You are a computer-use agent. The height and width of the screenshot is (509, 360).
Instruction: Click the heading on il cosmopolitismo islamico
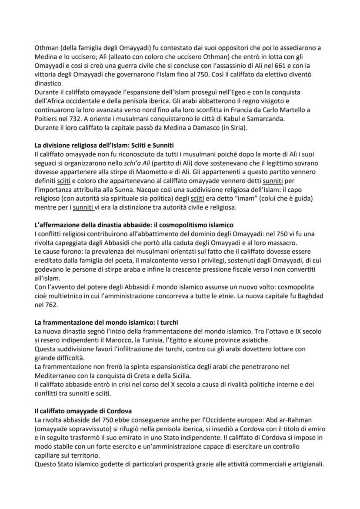coord(133,225)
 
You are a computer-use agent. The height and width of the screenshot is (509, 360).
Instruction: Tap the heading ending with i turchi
coord(106,323)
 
